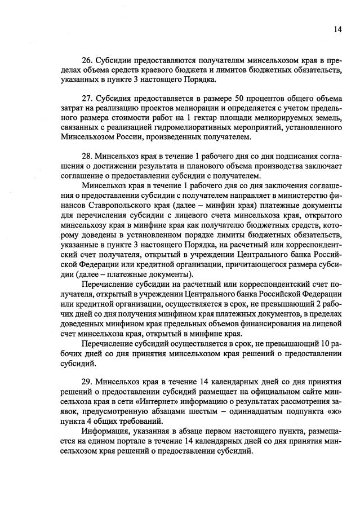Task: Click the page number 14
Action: click(x=337, y=30)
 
